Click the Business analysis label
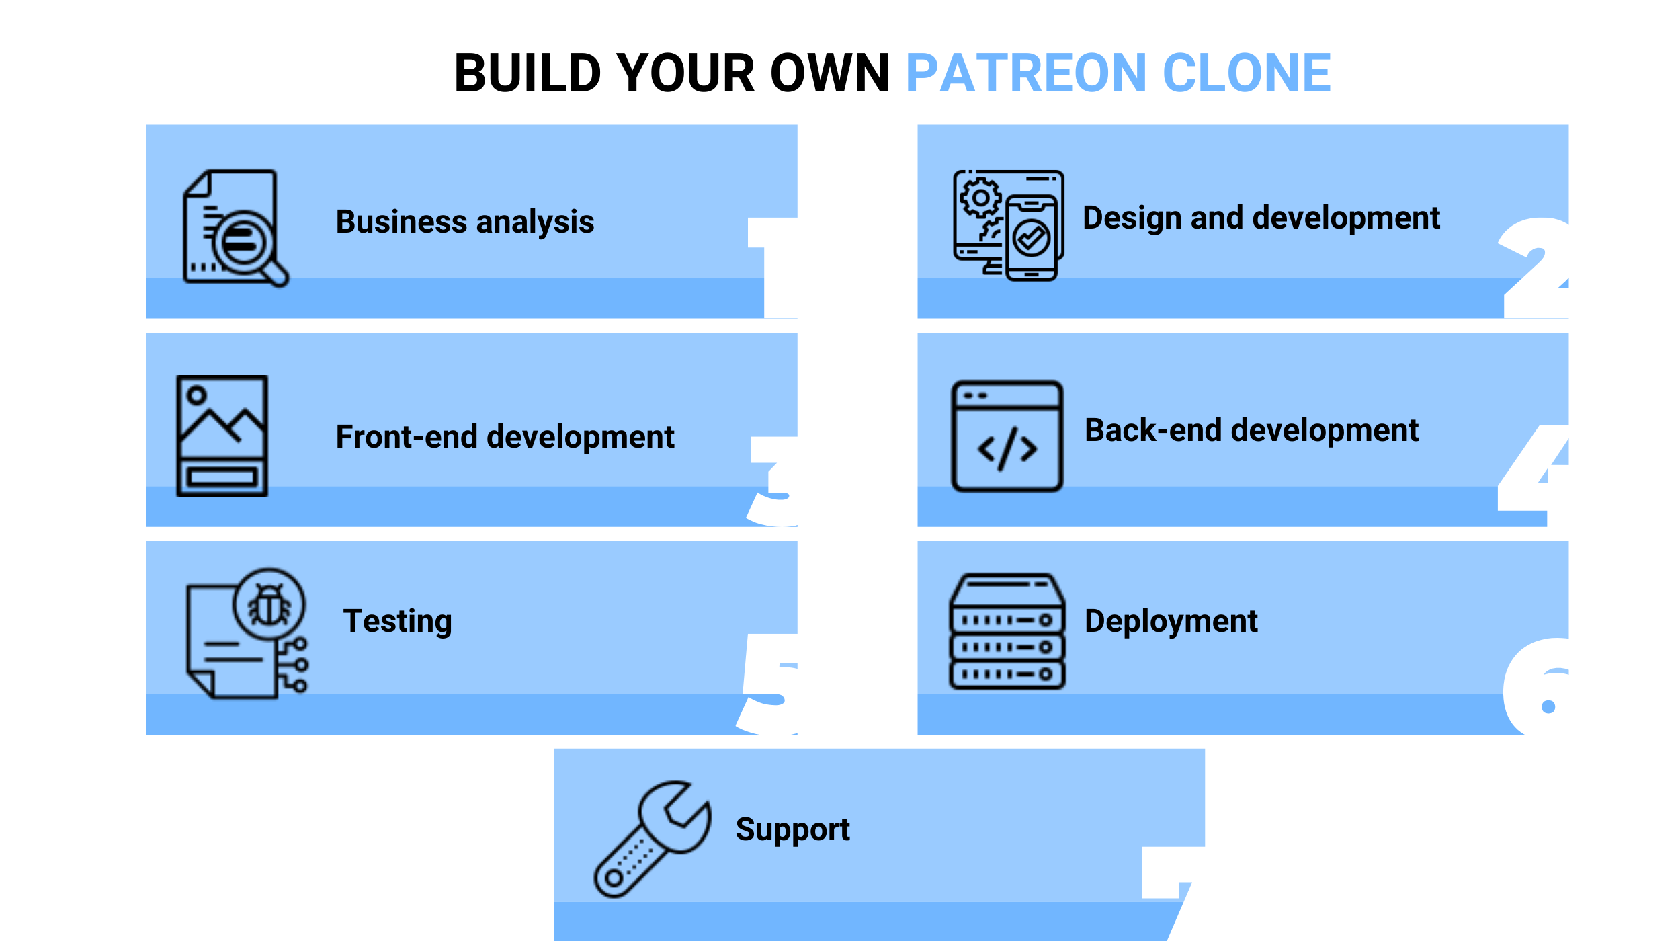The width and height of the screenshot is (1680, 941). click(465, 222)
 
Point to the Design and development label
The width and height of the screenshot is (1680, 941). click(1261, 218)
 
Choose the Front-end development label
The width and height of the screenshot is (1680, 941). click(505, 437)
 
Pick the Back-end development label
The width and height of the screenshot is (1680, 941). click(1251, 430)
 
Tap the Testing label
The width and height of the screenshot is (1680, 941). click(398, 621)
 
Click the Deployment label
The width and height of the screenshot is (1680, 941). click(1171, 621)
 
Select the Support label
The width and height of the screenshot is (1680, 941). click(793, 829)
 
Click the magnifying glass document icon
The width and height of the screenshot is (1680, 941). click(236, 229)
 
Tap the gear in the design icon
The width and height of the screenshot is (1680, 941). click(980, 198)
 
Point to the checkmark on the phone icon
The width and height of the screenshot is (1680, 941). click(1032, 237)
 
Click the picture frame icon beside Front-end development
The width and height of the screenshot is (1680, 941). click(222, 436)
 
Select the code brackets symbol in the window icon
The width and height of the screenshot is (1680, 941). click(1007, 449)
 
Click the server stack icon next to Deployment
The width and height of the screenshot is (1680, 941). click(1007, 632)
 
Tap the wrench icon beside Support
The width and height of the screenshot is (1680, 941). click(653, 840)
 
